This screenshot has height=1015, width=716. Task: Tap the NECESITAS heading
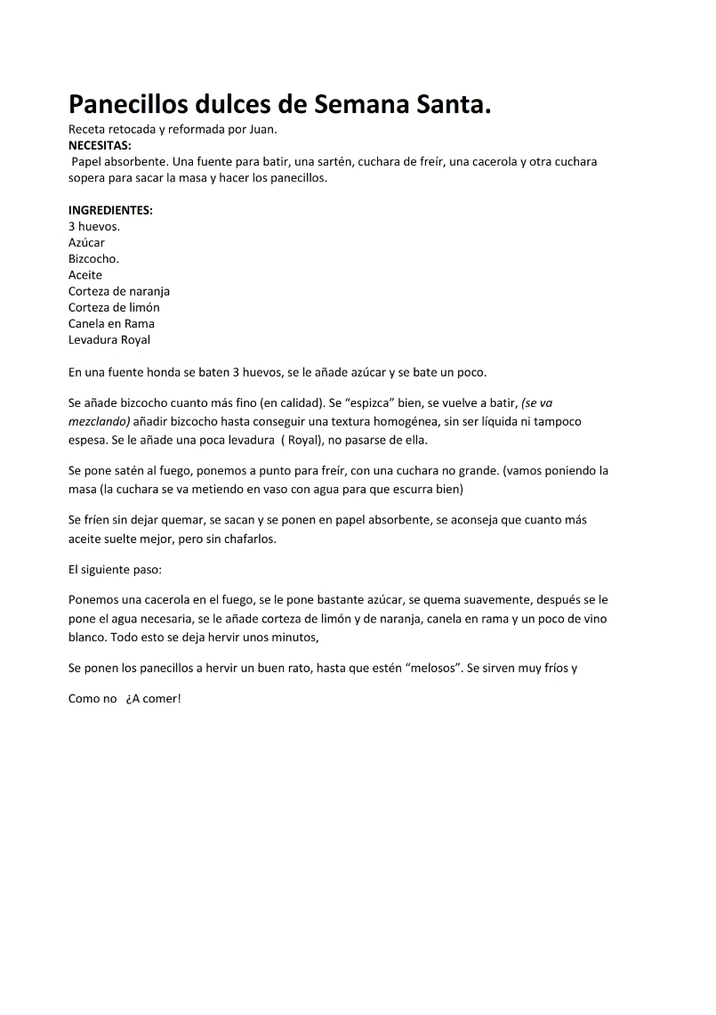coord(100,145)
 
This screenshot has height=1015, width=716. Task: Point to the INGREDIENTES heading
coord(110,210)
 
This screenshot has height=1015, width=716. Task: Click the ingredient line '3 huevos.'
coord(94,226)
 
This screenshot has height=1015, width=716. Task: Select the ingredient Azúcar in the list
coord(86,242)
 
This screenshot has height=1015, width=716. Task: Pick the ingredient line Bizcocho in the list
coord(93,258)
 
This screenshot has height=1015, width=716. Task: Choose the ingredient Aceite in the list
coord(85,275)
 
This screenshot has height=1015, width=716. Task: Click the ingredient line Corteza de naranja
coord(119,291)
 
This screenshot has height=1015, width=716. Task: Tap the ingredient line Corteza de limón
coord(114,307)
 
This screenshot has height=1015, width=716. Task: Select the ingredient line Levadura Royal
coord(109,339)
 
